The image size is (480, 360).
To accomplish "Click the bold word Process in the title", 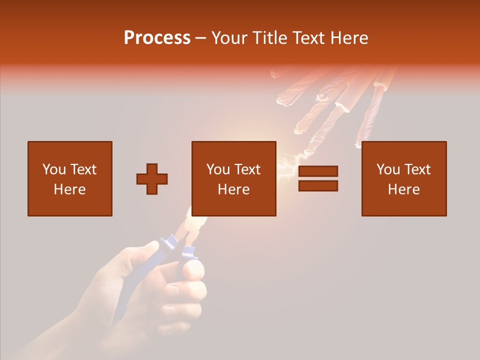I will (157, 38).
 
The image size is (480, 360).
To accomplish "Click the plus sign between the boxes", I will (152, 178).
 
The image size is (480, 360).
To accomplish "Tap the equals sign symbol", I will (318, 178).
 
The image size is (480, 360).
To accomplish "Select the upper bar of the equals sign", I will (318, 171).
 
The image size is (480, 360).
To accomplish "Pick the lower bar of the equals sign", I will (318, 185).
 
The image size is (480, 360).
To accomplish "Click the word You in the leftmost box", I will (54, 169).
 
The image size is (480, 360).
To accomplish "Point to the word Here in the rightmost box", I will (404, 189).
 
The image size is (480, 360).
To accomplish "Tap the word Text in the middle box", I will (247, 169).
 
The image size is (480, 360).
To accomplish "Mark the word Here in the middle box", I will (234, 189).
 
